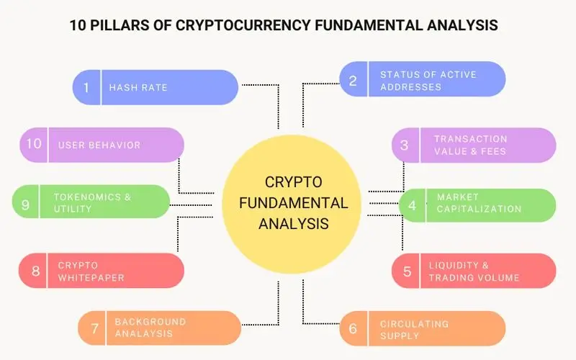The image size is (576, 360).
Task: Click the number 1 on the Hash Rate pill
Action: tap(86, 87)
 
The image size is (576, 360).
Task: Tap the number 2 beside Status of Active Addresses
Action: tap(353, 81)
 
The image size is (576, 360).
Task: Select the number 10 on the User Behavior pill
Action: tap(34, 143)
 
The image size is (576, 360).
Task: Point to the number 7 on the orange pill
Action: tap(95, 328)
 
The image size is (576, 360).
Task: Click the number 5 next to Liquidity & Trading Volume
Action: tap(407, 271)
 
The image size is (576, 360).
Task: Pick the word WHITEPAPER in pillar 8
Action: tap(91, 278)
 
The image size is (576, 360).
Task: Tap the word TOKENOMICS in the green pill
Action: tap(87, 197)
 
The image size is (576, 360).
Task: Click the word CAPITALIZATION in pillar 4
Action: tap(479, 209)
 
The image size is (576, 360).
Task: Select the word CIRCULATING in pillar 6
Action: tap(415, 324)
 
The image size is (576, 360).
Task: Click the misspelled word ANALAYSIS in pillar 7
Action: tap(143, 333)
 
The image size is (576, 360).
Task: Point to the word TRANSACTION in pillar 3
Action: tap(471, 139)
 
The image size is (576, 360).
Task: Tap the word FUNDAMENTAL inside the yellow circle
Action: tap(294, 203)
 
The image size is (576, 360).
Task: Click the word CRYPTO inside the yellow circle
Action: tap(294, 182)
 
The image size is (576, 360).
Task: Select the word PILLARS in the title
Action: tap(130, 25)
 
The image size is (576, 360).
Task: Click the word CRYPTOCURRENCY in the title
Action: tap(243, 25)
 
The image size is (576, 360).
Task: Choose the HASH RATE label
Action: tap(138, 87)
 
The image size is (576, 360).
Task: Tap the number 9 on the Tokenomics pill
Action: tap(25, 204)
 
